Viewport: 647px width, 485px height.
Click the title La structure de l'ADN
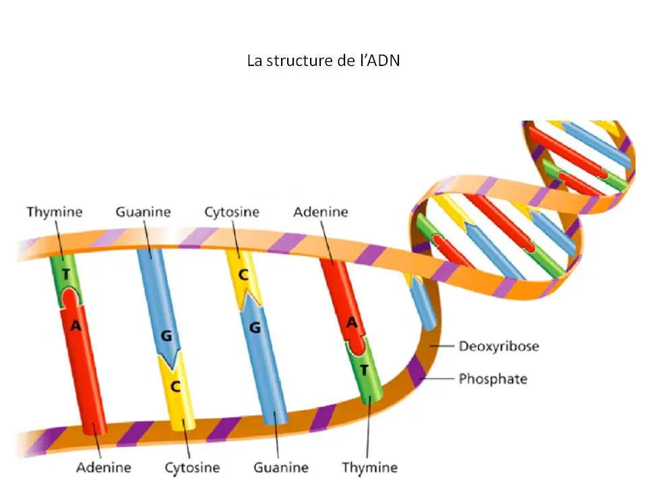323,61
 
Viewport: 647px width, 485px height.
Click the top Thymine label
55,212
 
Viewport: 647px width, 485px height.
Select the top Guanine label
143,212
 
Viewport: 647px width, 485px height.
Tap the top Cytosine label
232,212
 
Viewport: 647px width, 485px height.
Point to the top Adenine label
321,212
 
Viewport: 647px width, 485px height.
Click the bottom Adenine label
104,467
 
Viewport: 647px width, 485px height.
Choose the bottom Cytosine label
192,467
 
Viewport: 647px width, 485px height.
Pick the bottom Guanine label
281,467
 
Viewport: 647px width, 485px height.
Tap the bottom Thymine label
369,467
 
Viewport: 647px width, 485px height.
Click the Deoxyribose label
499,347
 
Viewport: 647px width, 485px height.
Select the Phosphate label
493,379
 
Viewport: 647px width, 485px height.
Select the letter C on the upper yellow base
244,276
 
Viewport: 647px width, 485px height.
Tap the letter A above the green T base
350,323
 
